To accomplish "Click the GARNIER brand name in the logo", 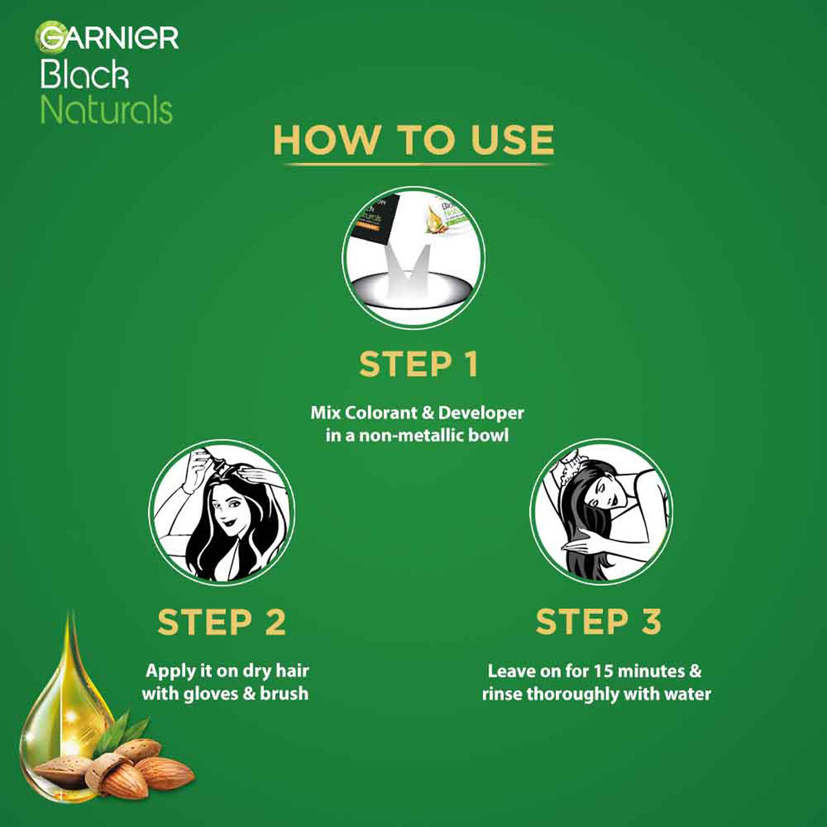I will [x=109, y=37].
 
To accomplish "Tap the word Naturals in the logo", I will [x=106, y=110].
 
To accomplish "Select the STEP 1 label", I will [x=418, y=365].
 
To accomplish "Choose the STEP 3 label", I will [x=598, y=622].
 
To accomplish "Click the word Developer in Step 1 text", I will [x=481, y=413].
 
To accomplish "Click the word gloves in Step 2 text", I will [x=206, y=693].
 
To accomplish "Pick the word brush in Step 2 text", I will [x=284, y=693].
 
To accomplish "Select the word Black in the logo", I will [x=84, y=74].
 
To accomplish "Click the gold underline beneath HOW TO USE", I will [x=418, y=165].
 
